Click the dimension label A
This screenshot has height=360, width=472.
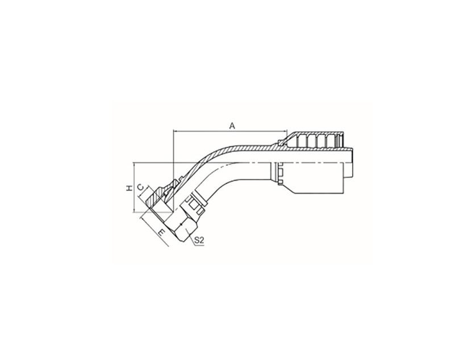coord(232,125)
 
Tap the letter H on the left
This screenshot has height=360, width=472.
coord(130,188)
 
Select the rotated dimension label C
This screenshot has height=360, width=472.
coord(140,187)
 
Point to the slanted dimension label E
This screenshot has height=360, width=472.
coord(162,232)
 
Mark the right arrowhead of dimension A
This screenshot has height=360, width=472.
coord(285,131)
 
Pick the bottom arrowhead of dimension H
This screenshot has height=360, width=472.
coord(134,210)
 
